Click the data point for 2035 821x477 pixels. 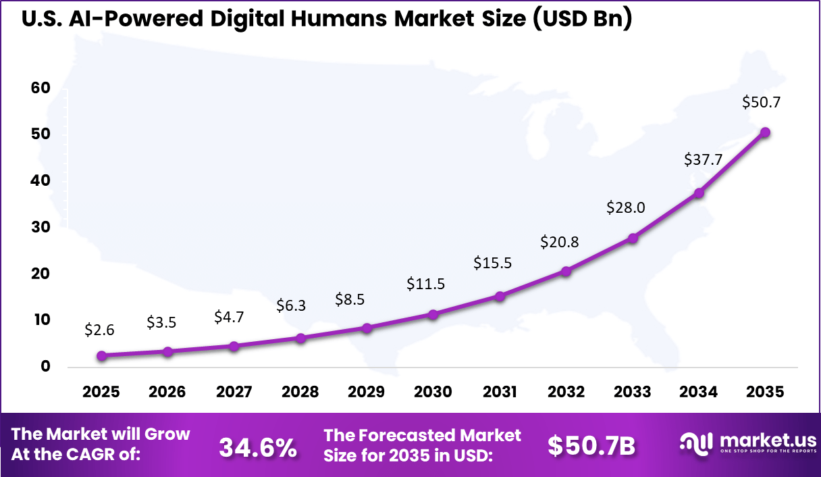764,132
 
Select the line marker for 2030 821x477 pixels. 433,314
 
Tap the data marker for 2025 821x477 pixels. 101,355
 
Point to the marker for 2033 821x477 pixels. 633,238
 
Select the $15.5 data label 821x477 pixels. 492,263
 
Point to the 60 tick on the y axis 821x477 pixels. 41,88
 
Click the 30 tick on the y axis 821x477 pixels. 41,227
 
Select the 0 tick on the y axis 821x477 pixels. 45,367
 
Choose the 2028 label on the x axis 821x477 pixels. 300,393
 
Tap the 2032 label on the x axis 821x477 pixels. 566,393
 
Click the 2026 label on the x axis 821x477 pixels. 167,393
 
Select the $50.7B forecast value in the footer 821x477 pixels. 591,446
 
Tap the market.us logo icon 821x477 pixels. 695,443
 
